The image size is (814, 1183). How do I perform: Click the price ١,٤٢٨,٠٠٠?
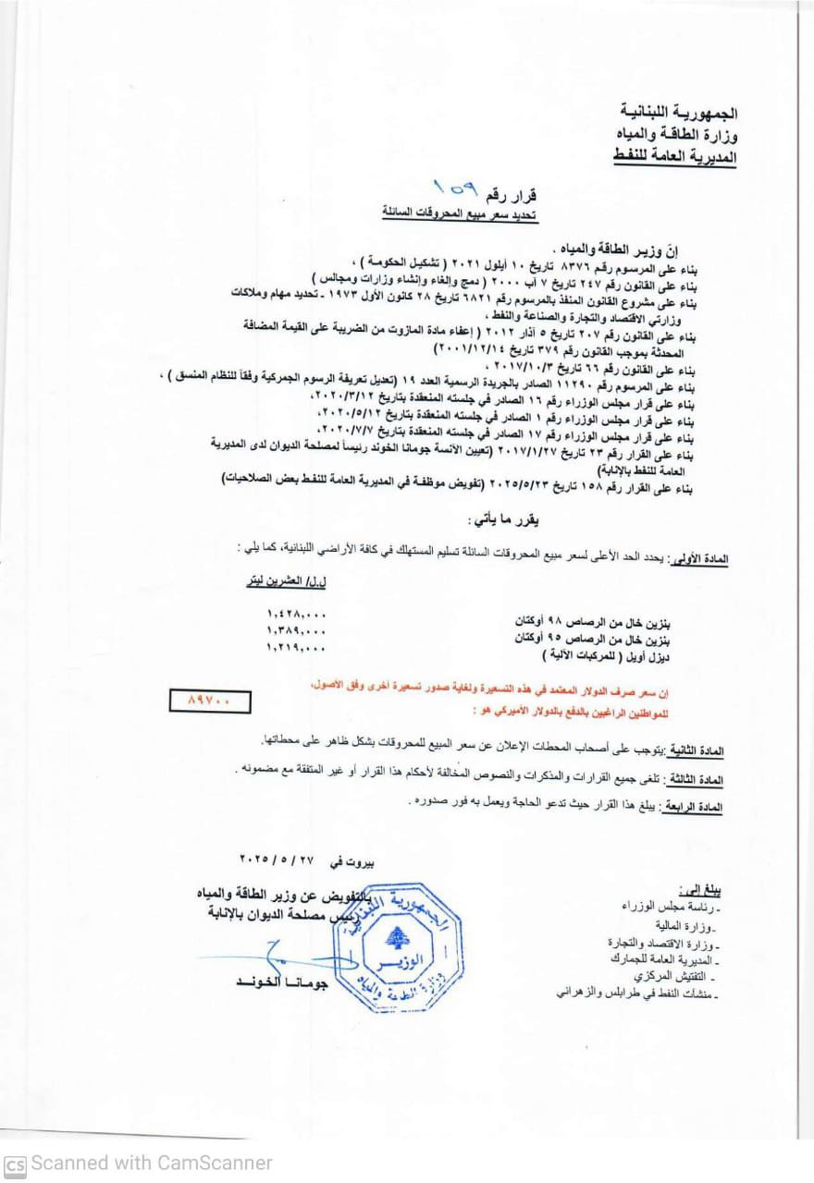(x=296, y=614)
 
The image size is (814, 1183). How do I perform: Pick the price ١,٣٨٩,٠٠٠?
(x=296, y=631)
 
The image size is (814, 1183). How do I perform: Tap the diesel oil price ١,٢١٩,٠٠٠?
(x=296, y=649)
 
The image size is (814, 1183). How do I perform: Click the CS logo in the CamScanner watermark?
(x=15, y=1163)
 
